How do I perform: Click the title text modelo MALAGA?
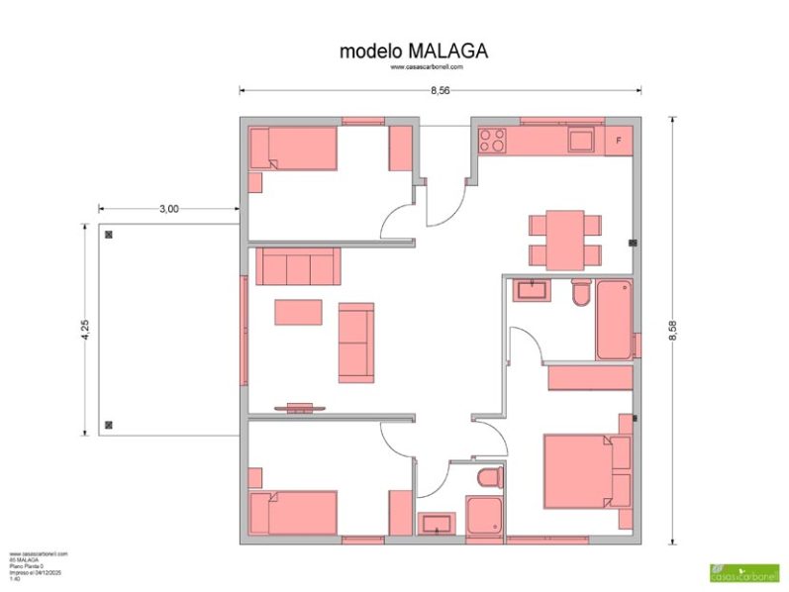(x=413, y=49)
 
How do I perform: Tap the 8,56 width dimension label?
(x=441, y=90)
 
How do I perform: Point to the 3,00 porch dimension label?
(x=168, y=209)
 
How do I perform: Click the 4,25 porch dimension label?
(x=86, y=331)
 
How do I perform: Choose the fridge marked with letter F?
(x=619, y=140)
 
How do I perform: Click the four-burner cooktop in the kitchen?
(x=492, y=140)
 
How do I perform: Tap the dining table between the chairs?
(x=565, y=239)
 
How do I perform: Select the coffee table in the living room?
(x=298, y=313)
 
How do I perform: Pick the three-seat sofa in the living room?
(x=297, y=266)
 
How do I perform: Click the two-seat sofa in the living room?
(x=356, y=343)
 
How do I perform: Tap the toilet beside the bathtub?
(x=581, y=293)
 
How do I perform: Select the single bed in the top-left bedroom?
(x=294, y=148)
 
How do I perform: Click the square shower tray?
(x=485, y=517)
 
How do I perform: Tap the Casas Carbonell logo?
(x=743, y=572)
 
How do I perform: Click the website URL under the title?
(x=427, y=67)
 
